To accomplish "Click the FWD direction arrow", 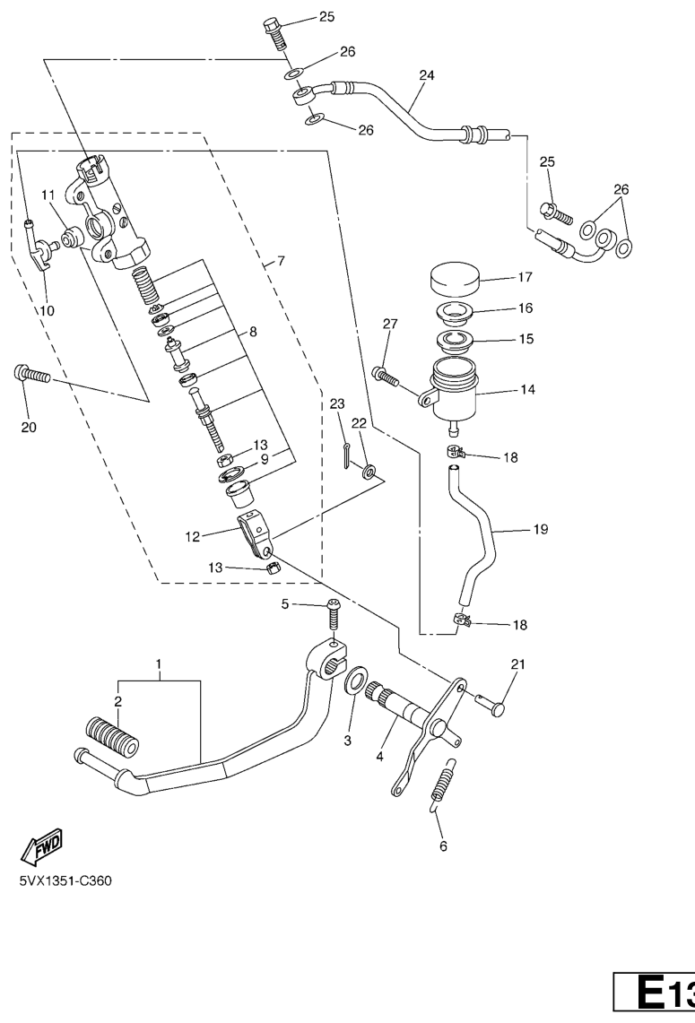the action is (42, 847).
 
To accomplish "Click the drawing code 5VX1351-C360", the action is (65, 881).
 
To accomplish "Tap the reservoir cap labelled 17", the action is (454, 279).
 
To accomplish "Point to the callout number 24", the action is (426, 75).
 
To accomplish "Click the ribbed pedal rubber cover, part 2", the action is (112, 737).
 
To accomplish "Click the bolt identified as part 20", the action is (31, 375).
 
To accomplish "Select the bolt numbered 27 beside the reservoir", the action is (384, 377).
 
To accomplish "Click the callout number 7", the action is (281, 262).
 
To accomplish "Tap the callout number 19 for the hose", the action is (541, 529).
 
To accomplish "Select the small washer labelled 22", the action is (369, 471).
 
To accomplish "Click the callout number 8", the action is (253, 332).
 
